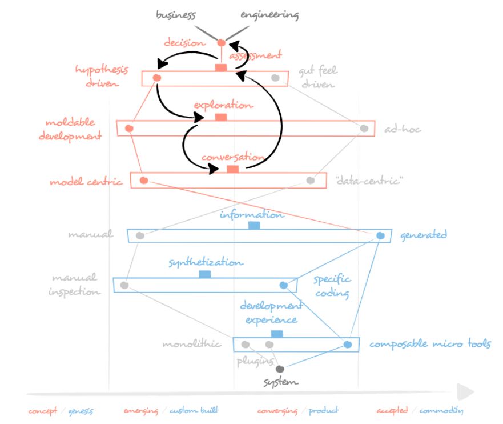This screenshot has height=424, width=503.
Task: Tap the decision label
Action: coord(184,42)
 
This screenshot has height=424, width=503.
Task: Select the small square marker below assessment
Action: coord(221,68)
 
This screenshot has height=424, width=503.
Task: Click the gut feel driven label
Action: coord(317,77)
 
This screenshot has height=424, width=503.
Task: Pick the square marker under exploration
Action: coord(221,117)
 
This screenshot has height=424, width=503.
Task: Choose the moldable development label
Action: coord(70,130)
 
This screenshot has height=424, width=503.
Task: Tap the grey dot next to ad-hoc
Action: coord(364,128)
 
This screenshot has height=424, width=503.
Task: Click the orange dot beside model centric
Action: coord(144,181)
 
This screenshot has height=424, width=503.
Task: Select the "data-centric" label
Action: coord(369,181)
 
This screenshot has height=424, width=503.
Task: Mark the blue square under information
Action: coord(254,226)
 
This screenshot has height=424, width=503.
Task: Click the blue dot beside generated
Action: coord(381,235)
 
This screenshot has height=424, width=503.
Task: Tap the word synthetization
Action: coord(206,263)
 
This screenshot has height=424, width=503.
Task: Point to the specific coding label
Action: coord(332,286)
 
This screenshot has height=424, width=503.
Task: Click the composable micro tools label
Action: coord(430,345)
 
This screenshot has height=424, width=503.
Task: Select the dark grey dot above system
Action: coord(280,369)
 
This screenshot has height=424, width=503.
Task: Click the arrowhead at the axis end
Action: coord(467,392)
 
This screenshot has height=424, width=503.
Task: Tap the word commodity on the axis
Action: coord(440,410)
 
